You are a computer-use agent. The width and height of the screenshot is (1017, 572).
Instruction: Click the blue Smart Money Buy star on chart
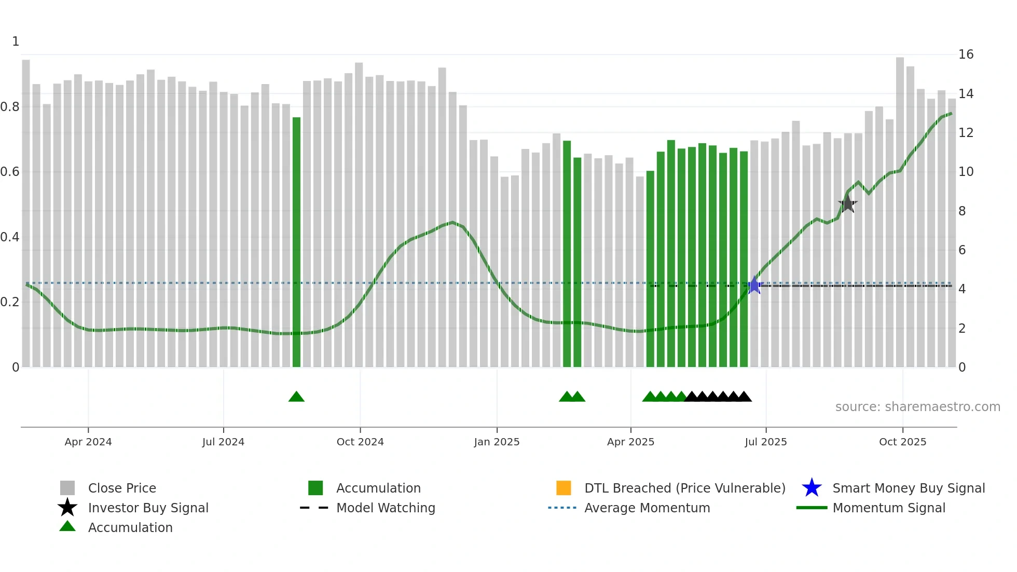(x=754, y=285)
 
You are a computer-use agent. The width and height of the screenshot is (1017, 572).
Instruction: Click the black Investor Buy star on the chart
(x=847, y=204)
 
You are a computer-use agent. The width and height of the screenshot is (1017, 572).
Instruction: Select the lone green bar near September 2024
(x=296, y=242)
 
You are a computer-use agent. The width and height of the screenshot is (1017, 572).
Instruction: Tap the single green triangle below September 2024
(x=296, y=397)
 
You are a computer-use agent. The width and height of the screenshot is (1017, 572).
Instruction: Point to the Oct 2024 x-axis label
(x=360, y=442)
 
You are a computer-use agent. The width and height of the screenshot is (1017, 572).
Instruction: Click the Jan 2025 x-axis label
(x=497, y=442)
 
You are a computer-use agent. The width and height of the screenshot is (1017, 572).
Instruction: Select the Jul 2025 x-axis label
(x=765, y=442)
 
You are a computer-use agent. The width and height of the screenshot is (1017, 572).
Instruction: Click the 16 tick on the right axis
(x=966, y=55)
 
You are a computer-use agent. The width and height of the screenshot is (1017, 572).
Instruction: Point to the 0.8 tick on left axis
(x=10, y=107)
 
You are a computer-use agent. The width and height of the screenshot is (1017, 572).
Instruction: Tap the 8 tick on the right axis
(x=962, y=211)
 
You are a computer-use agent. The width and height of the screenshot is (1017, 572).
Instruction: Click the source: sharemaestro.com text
(x=917, y=407)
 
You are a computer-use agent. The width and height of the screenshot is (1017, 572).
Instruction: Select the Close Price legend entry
(x=122, y=488)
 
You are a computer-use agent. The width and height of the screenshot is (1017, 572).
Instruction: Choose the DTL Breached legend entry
(x=684, y=488)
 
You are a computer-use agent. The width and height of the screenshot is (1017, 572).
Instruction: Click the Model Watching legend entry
(x=386, y=508)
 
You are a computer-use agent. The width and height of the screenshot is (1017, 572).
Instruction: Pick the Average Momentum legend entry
(x=647, y=508)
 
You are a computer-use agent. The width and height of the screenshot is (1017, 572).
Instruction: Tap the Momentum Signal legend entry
(x=889, y=508)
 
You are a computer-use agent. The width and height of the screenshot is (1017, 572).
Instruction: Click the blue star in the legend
(x=812, y=488)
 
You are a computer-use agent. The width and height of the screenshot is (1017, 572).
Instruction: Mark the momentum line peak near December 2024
(x=453, y=223)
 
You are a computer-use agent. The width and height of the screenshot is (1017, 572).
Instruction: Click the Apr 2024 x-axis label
(x=88, y=442)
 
